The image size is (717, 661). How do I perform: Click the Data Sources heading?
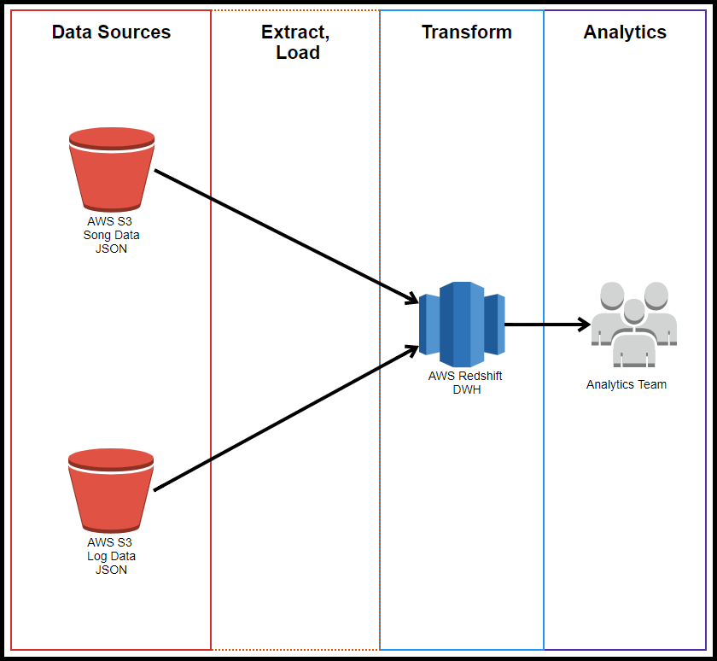click(x=111, y=32)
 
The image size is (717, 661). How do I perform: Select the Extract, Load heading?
click(x=296, y=42)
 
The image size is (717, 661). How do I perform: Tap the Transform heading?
click(x=466, y=32)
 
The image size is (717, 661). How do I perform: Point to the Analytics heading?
click(x=625, y=32)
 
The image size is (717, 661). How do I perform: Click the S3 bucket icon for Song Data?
click(x=112, y=169)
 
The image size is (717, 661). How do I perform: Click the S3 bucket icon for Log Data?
click(x=111, y=490)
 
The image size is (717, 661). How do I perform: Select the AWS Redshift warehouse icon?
click(x=462, y=325)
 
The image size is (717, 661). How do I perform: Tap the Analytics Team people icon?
click(x=633, y=325)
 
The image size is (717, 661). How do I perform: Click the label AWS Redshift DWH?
click(x=465, y=383)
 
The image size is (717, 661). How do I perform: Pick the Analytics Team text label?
click(x=626, y=384)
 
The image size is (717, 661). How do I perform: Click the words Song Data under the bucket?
click(x=111, y=235)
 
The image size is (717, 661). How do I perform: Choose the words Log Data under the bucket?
click(x=111, y=556)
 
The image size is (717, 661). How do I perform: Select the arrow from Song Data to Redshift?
click(x=286, y=237)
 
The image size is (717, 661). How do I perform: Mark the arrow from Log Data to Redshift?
click(x=286, y=418)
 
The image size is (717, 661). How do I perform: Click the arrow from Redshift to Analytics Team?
click(x=547, y=325)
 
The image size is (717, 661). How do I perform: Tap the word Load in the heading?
click(x=298, y=53)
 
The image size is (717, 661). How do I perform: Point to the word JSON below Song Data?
click(x=111, y=249)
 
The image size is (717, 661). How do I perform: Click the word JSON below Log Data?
click(x=111, y=570)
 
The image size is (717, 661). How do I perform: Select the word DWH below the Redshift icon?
click(x=466, y=389)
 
